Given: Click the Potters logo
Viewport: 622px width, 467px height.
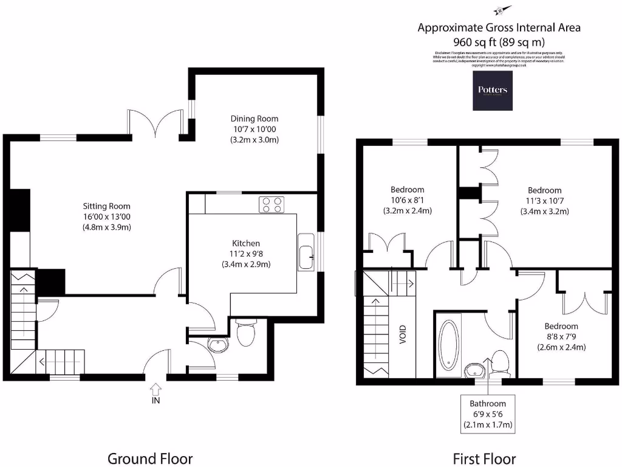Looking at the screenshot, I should [x=493, y=91].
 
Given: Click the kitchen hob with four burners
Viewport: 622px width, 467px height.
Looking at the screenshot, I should [x=272, y=204].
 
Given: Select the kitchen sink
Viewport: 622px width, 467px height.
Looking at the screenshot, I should [x=306, y=252].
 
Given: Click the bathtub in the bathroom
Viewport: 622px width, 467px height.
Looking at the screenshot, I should [x=449, y=345].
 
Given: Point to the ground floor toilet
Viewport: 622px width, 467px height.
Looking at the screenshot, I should [x=246, y=334].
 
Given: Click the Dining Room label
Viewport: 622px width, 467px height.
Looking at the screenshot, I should [x=254, y=119].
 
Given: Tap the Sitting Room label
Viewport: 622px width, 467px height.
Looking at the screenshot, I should [x=107, y=206].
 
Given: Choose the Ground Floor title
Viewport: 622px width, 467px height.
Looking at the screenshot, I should [x=150, y=458].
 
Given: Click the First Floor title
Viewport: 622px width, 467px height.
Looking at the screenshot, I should [x=484, y=458].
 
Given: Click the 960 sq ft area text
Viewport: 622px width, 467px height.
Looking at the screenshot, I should [x=499, y=42].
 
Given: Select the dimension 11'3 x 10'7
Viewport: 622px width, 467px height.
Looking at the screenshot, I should [x=544, y=201].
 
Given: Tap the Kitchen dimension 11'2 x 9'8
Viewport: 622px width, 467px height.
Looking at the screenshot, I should [x=246, y=254].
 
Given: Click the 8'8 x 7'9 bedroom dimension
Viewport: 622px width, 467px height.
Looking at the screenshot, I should [x=561, y=337].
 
